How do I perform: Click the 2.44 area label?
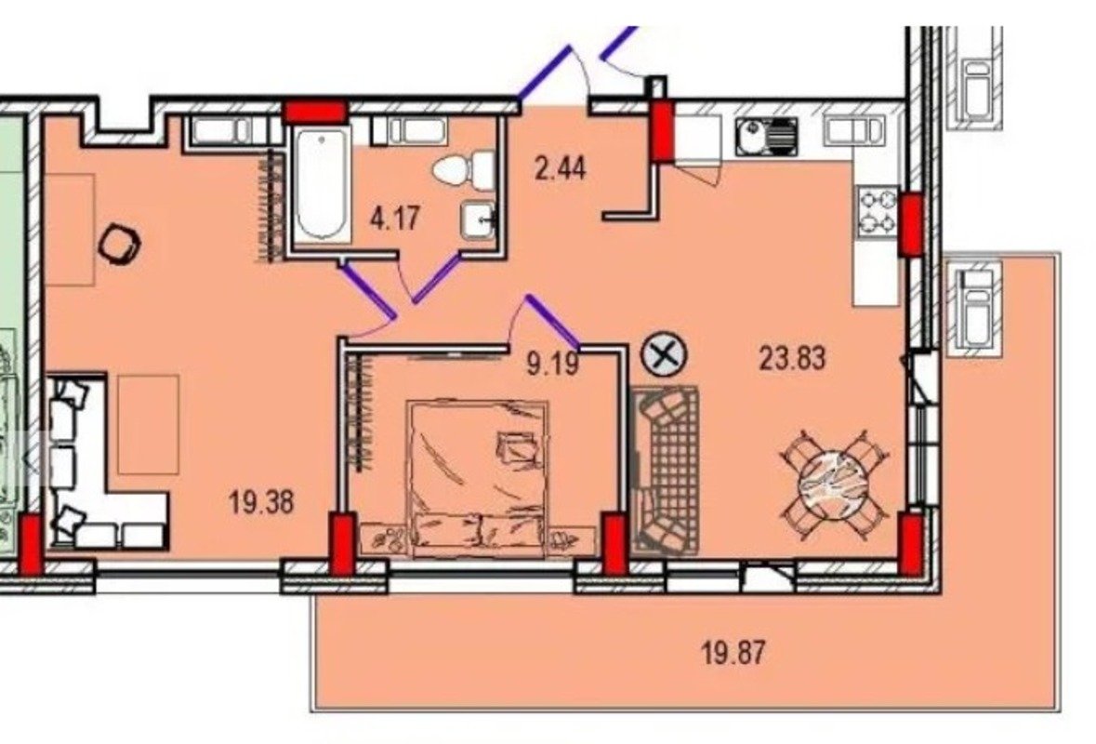tap(560, 168)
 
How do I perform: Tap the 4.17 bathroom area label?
tap(396, 219)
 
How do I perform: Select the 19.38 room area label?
tap(261, 502)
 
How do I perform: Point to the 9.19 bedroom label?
tap(552, 364)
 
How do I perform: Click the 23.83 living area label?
tap(793, 359)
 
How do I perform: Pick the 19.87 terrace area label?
tap(733, 654)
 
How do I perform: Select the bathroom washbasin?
tap(478, 219)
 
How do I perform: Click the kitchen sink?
tap(766, 137)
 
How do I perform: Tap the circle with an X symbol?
tap(664, 356)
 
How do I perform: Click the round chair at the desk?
tap(119, 244)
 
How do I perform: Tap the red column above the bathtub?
tap(315, 113)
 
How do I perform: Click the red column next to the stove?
tap(910, 225)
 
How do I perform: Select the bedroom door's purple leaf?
tap(553, 322)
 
